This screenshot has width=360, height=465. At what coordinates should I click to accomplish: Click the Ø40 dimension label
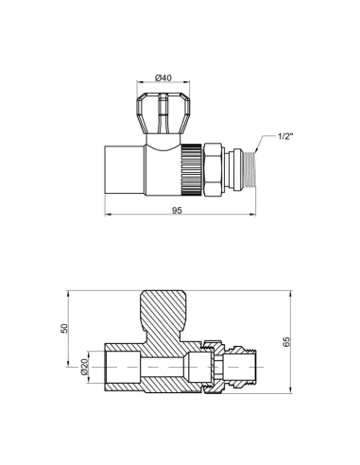[x=163, y=80]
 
